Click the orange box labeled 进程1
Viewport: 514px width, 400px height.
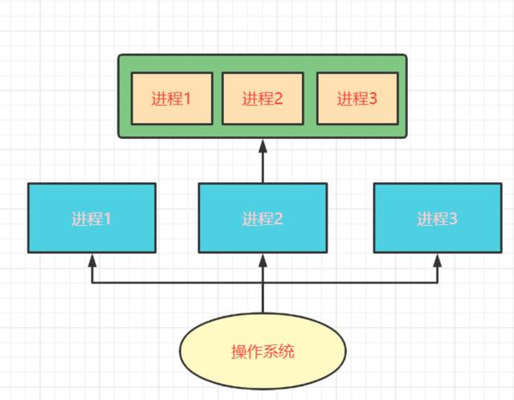tap(171, 99)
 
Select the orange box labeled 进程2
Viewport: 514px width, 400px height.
tap(263, 99)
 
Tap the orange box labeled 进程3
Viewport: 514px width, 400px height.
tap(357, 99)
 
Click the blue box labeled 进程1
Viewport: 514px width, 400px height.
tap(92, 218)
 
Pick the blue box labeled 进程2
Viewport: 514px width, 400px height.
tap(263, 218)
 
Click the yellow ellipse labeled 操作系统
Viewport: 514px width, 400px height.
tap(263, 352)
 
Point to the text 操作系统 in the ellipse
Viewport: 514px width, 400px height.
tap(263, 352)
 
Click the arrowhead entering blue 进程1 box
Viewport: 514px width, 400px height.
tap(92, 259)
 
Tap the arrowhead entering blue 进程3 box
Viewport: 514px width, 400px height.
tap(438, 259)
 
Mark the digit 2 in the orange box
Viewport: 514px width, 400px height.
tap(278, 100)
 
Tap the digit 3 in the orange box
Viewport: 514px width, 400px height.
tap(373, 100)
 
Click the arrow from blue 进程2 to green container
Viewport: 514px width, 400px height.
tap(263, 165)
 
